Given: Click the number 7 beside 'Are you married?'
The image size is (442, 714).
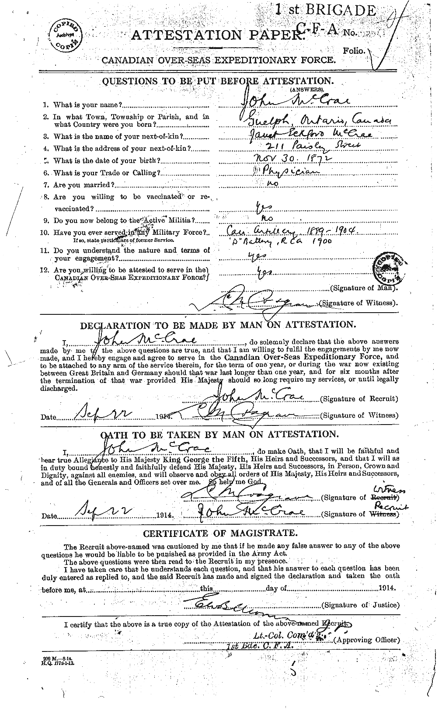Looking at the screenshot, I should coord(45,185).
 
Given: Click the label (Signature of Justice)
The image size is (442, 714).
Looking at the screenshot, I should coord(360,605).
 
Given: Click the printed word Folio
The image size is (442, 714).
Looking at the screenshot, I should coord(354,51).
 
